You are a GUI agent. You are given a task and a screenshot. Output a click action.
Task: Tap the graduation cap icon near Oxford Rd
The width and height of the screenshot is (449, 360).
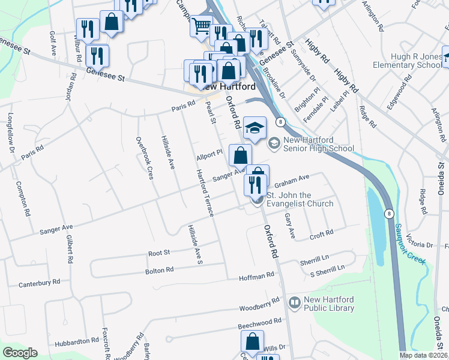pos(255,127)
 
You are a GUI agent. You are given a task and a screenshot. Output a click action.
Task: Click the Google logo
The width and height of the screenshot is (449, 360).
pos(20,353)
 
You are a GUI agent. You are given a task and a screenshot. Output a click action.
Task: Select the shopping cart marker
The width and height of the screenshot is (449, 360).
pos(201,25)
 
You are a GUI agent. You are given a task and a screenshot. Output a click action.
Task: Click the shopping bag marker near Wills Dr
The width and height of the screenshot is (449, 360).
pos(253,341)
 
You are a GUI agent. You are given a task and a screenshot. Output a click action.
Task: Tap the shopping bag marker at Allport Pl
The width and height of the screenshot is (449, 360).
pos(240,155)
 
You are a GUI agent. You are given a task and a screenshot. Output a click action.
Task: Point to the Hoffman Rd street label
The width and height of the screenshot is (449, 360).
pos(256,275)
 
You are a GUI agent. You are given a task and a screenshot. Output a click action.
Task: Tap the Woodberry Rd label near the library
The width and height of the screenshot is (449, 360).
pos(259,305)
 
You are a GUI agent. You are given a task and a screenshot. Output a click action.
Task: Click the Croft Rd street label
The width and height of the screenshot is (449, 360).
pos(321,233)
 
